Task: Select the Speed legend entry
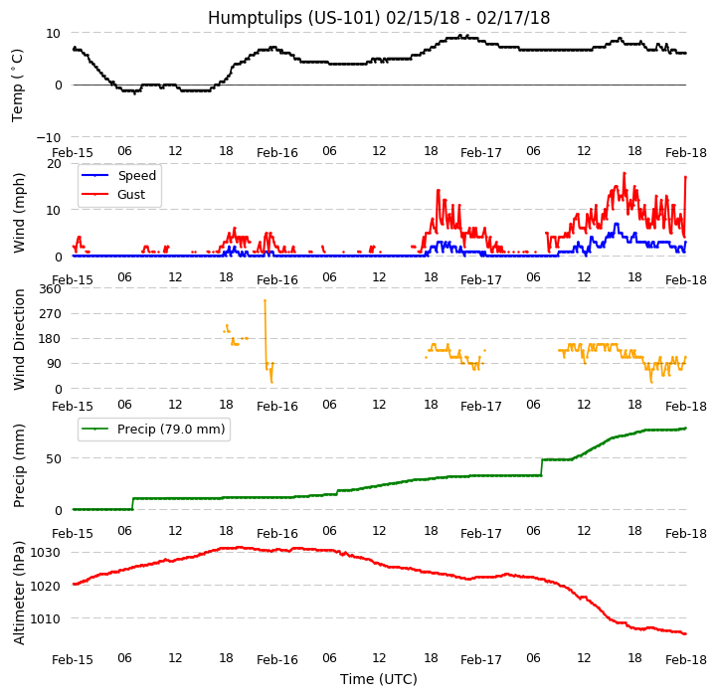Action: (x=137, y=176)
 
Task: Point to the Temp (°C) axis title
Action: (x=18, y=85)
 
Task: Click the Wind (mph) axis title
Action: (x=20, y=212)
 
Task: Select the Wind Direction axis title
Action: (x=20, y=339)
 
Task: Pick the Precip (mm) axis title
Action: (x=20, y=465)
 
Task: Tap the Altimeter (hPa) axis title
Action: (x=20, y=593)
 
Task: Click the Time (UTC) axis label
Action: (x=379, y=679)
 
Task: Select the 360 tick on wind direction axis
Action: (x=51, y=289)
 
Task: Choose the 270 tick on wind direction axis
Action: (x=51, y=314)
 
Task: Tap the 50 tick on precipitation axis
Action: (x=55, y=459)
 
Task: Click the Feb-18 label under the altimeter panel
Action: (x=685, y=660)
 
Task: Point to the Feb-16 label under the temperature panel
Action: (x=277, y=153)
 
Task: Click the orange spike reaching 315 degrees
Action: (x=265, y=301)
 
